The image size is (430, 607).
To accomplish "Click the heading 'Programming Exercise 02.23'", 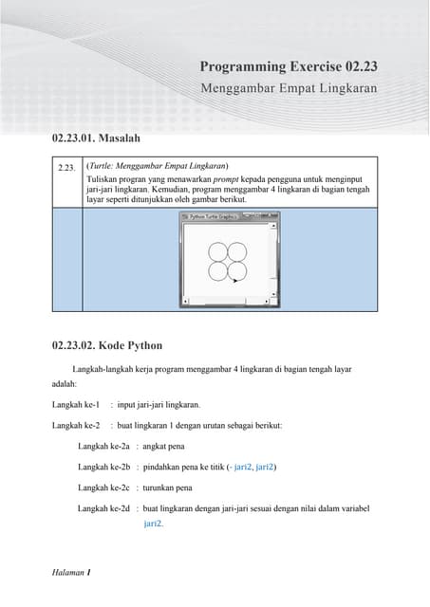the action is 289,66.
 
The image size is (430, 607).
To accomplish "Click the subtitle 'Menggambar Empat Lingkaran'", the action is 289,87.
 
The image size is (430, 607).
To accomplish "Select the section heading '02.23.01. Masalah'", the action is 96,138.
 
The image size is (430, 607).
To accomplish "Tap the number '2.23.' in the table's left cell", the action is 66,168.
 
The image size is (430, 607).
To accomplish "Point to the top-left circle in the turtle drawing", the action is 216,251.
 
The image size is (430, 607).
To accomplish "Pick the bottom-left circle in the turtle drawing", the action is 216,271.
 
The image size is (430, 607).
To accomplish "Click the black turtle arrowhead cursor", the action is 234,281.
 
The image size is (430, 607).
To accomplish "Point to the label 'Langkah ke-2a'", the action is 103,446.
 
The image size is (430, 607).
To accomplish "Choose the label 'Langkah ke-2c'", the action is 103,487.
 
